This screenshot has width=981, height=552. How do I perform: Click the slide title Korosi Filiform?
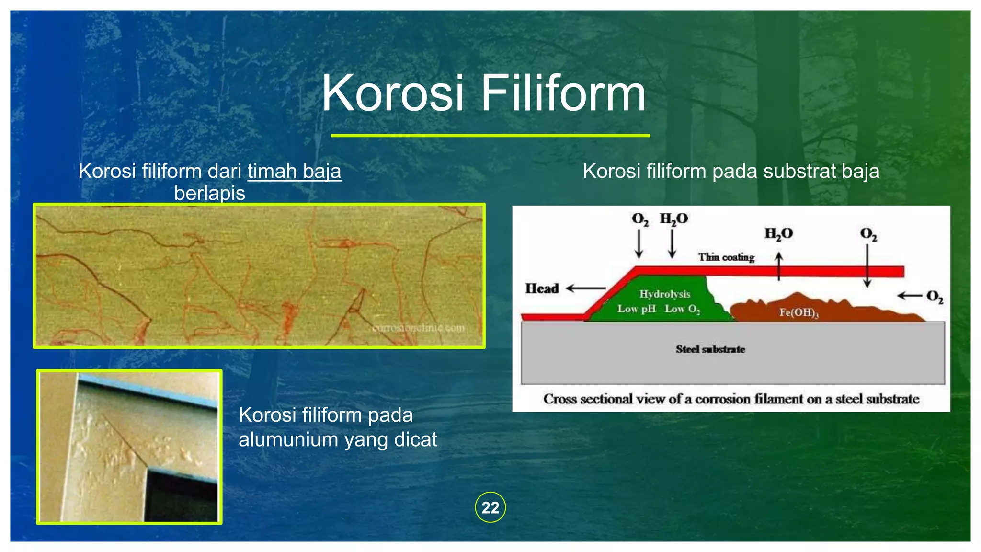coord(483,93)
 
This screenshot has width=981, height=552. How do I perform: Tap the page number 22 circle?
coord(490,507)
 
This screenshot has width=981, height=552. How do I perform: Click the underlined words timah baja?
coord(294,172)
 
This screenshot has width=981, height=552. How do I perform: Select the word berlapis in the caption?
coord(209,194)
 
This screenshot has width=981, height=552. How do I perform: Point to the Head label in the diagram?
coord(542,288)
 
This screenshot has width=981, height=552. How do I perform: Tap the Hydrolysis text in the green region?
coord(665,294)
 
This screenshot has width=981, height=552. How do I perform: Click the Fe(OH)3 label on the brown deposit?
coord(798,313)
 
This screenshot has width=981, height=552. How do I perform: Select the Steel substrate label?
coord(710,349)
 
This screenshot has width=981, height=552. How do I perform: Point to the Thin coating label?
coord(726,257)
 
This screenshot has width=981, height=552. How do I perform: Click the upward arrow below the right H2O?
coord(779,266)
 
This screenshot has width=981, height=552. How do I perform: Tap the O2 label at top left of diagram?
coord(640,219)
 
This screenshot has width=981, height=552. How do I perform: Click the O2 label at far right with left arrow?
coord(934,297)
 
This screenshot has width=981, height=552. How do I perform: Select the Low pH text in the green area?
coord(636,309)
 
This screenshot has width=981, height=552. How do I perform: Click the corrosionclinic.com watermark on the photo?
coord(418,328)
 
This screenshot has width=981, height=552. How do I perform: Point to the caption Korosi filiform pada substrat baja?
coord(731,172)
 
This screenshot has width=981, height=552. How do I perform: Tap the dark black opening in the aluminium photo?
coord(182,498)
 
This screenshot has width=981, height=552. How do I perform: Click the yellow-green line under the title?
coord(490,136)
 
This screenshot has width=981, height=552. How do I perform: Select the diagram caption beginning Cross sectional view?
coord(731,399)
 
